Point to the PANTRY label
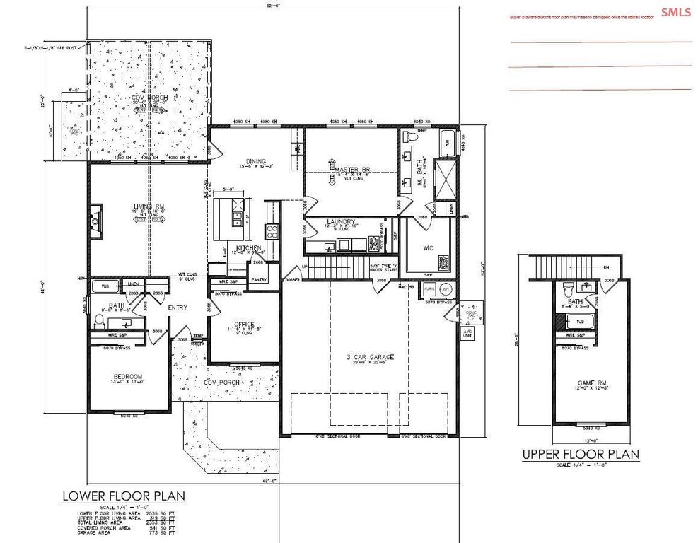(x=259, y=279)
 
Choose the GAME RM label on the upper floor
(x=592, y=384)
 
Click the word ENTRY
(x=177, y=308)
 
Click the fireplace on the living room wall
(x=95, y=222)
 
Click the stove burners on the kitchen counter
(x=271, y=230)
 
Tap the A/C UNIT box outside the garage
(x=467, y=333)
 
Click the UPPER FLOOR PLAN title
(x=581, y=454)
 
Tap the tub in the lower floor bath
(x=105, y=285)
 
